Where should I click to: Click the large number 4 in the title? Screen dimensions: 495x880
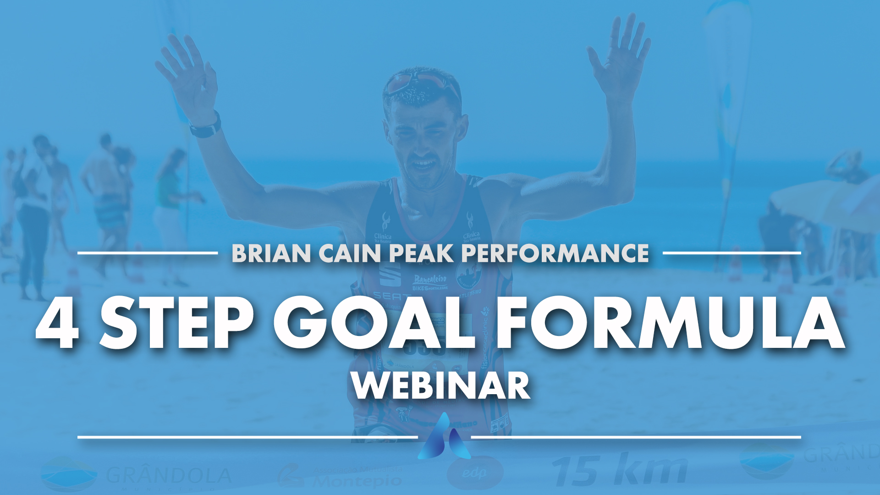pos(57,324)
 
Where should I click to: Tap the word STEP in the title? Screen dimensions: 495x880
pos(177,324)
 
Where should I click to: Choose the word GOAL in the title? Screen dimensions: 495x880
pos(374,324)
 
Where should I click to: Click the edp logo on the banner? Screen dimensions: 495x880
pos(474,473)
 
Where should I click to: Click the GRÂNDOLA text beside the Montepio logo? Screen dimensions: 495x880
pos(169,476)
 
